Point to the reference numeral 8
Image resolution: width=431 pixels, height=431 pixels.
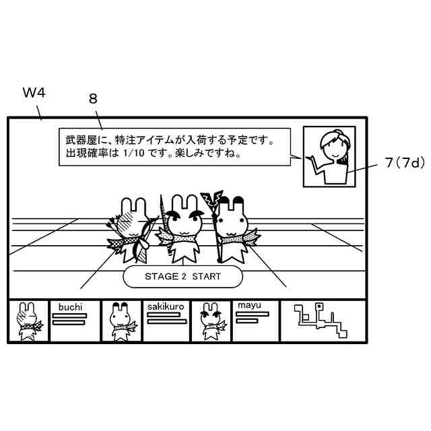(93, 98)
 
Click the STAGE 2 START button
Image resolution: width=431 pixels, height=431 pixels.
(183, 277)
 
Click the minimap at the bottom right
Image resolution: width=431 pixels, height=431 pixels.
(321, 321)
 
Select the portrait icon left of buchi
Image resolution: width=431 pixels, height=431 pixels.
(28, 321)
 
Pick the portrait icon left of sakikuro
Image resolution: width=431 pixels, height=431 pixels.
(121, 321)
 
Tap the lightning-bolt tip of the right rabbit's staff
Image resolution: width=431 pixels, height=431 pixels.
(214, 199)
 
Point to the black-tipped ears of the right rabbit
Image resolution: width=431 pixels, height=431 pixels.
(230, 201)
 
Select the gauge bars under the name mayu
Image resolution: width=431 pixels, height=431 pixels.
(248, 318)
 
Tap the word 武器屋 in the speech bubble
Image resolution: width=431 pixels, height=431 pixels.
(81, 141)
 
